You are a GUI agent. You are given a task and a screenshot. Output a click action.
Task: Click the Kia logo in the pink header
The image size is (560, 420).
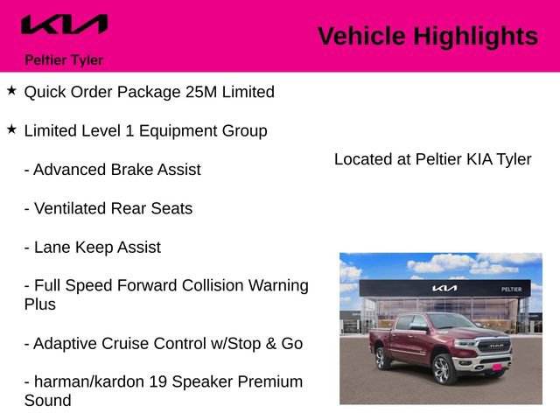(65, 24)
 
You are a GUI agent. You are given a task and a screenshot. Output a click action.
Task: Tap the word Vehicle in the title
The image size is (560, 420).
(361, 36)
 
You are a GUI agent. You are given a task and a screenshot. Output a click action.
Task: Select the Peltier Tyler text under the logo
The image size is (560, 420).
(64, 60)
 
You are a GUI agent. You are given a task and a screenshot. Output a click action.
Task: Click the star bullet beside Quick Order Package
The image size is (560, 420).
(11, 90)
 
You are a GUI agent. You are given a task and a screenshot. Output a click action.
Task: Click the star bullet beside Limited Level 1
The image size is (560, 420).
(11, 129)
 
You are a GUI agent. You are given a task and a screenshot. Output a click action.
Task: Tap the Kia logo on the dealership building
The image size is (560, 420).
(444, 288)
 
